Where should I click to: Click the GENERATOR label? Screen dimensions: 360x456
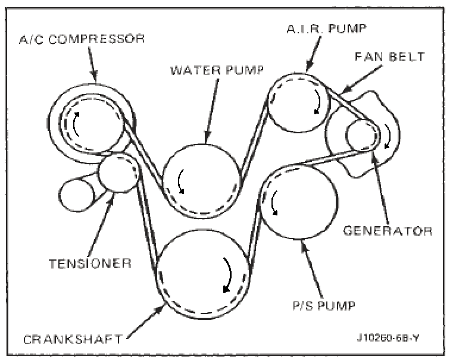click(x=388, y=230)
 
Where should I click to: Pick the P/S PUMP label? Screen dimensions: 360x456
click(x=324, y=306)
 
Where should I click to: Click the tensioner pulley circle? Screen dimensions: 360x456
click(x=118, y=173)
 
